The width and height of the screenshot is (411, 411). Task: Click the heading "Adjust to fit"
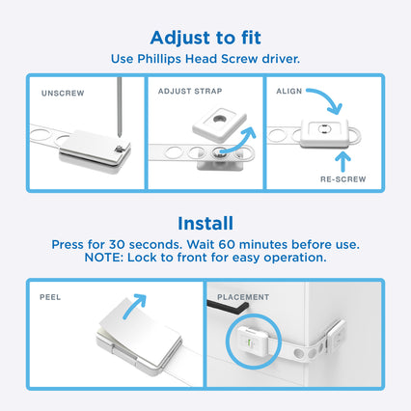(x=205, y=39)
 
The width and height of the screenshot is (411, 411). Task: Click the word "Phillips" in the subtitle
(x=159, y=60)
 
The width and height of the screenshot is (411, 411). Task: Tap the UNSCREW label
(x=63, y=94)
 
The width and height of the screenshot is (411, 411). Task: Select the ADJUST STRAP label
(x=190, y=91)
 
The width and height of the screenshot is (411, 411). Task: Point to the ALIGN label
(x=289, y=91)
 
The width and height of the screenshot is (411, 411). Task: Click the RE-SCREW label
(x=343, y=179)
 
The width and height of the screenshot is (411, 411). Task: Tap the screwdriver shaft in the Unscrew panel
(x=120, y=106)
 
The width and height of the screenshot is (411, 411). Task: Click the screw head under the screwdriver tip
(x=120, y=149)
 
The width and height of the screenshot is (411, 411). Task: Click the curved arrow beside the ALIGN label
(x=329, y=97)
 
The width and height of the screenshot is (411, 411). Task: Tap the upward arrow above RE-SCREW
(x=343, y=161)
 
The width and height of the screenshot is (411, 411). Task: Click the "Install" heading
(x=205, y=224)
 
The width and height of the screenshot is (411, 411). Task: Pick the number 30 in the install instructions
(x=117, y=245)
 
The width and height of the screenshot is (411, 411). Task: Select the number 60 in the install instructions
(x=227, y=245)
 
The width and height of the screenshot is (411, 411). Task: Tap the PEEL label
(x=50, y=297)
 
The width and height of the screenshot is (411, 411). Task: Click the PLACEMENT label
(x=243, y=297)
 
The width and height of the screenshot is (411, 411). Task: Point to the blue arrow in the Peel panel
(x=134, y=305)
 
